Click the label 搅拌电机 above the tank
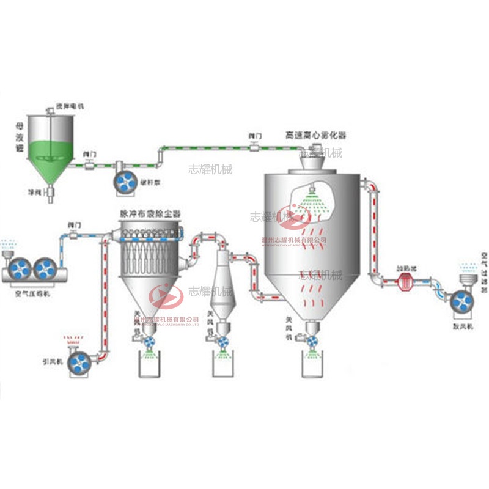tap(69, 106)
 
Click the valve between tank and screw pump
tap(90, 164)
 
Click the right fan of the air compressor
tap(45, 269)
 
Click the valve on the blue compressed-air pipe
tap(73, 235)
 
